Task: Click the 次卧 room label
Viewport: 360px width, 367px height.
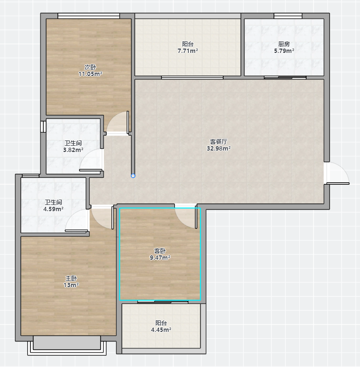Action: click(x=90, y=67)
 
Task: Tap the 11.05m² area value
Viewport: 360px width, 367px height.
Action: click(x=90, y=74)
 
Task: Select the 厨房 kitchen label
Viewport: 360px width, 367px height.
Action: click(x=284, y=44)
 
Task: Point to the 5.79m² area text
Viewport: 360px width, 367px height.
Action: click(x=284, y=51)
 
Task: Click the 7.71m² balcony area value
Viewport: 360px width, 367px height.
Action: click(x=188, y=51)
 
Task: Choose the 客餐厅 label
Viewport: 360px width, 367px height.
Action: click(x=219, y=141)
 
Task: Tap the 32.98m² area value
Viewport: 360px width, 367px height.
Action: click(x=219, y=148)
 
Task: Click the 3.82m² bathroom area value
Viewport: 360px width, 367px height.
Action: click(x=73, y=150)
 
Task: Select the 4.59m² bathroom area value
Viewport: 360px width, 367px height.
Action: click(x=53, y=209)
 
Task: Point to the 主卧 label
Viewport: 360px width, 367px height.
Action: click(x=71, y=278)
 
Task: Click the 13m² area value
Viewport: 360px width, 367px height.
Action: click(x=71, y=285)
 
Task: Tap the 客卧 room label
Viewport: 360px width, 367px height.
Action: click(x=160, y=251)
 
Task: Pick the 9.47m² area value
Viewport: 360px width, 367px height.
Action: click(x=160, y=257)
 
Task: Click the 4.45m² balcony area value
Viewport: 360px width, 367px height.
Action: click(x=161, y=329)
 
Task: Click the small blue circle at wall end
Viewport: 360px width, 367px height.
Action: click(x=133, y=176)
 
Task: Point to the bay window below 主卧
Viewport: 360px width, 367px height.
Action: click(x=67, y=345)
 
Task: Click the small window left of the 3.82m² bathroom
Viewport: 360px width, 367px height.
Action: click(x=43, y=127)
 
